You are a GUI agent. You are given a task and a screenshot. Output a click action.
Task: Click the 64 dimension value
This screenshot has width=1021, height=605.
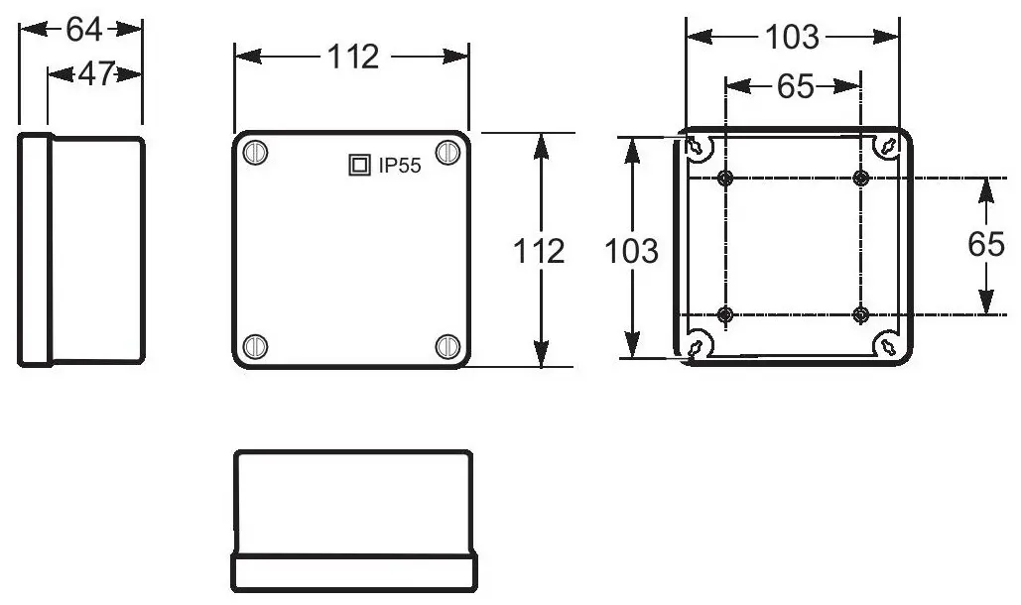coord(84,30)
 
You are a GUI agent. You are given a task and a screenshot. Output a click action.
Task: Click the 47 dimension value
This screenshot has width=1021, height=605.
coord(96,74)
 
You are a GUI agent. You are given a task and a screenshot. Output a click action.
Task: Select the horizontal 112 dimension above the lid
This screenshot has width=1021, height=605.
coord(352,57)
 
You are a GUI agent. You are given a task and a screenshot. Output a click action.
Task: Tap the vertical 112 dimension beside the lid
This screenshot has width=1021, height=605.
coord(539,251)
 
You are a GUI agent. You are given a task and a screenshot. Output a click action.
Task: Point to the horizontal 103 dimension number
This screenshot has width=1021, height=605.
coord(791,37)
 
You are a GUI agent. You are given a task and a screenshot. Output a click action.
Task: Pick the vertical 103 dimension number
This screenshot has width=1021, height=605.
coord(631,251)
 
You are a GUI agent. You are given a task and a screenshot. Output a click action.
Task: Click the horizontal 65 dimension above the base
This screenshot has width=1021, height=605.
coord(795,86)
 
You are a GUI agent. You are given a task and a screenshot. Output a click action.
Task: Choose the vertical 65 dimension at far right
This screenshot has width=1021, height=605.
coord(986,245)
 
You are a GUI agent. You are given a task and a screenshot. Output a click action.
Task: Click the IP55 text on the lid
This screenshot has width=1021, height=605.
coord(400,166)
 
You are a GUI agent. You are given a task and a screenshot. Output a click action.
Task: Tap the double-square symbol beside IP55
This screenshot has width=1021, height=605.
coord(359,166)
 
